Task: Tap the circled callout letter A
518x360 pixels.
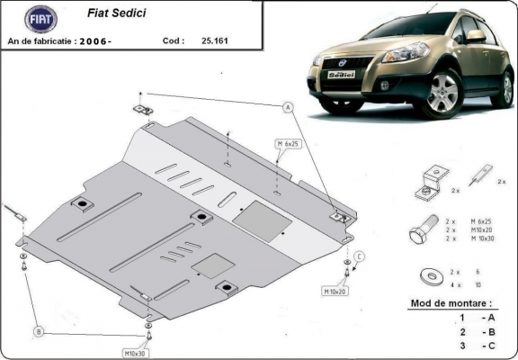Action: (289, 108)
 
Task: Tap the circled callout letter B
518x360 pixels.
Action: (39, 331)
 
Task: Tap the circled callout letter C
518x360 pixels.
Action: (359, 257)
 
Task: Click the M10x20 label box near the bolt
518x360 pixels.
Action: (335, 292)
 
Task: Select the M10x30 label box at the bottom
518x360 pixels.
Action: (135, 352)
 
